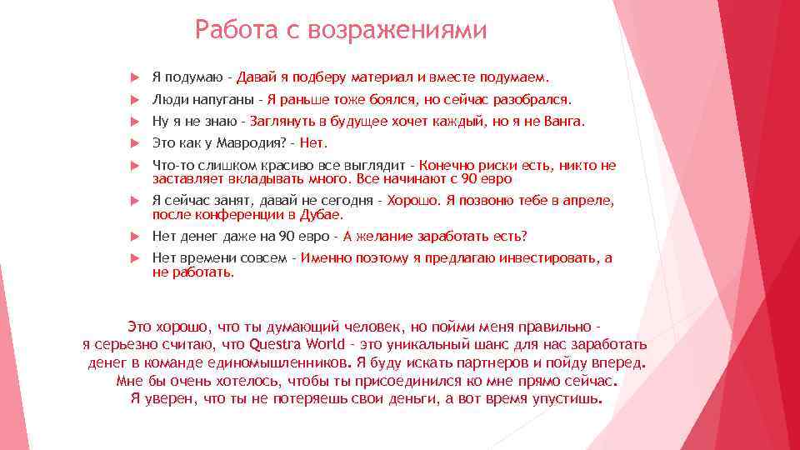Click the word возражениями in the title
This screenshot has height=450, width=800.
point(397,31)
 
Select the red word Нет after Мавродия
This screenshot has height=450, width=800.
point(313,142)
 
